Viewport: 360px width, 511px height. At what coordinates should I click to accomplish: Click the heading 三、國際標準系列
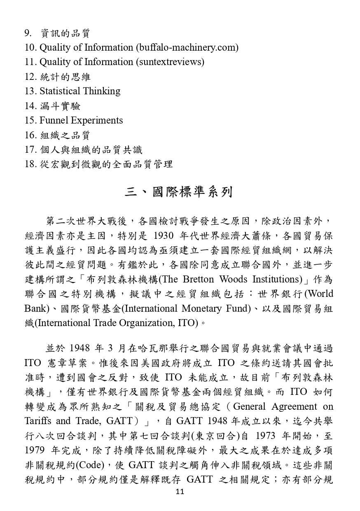179,192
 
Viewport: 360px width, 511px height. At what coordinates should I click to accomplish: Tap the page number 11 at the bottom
180,492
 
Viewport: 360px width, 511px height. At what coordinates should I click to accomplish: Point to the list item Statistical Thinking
80,91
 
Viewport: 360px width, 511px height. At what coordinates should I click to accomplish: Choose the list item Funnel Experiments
81,120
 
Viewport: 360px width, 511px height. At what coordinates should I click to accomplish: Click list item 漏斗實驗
61,106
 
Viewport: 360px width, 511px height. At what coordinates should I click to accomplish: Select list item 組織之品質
65,135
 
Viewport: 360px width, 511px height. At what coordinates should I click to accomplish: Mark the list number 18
30,164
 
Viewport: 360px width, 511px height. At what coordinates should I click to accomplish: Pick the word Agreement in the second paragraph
294,406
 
